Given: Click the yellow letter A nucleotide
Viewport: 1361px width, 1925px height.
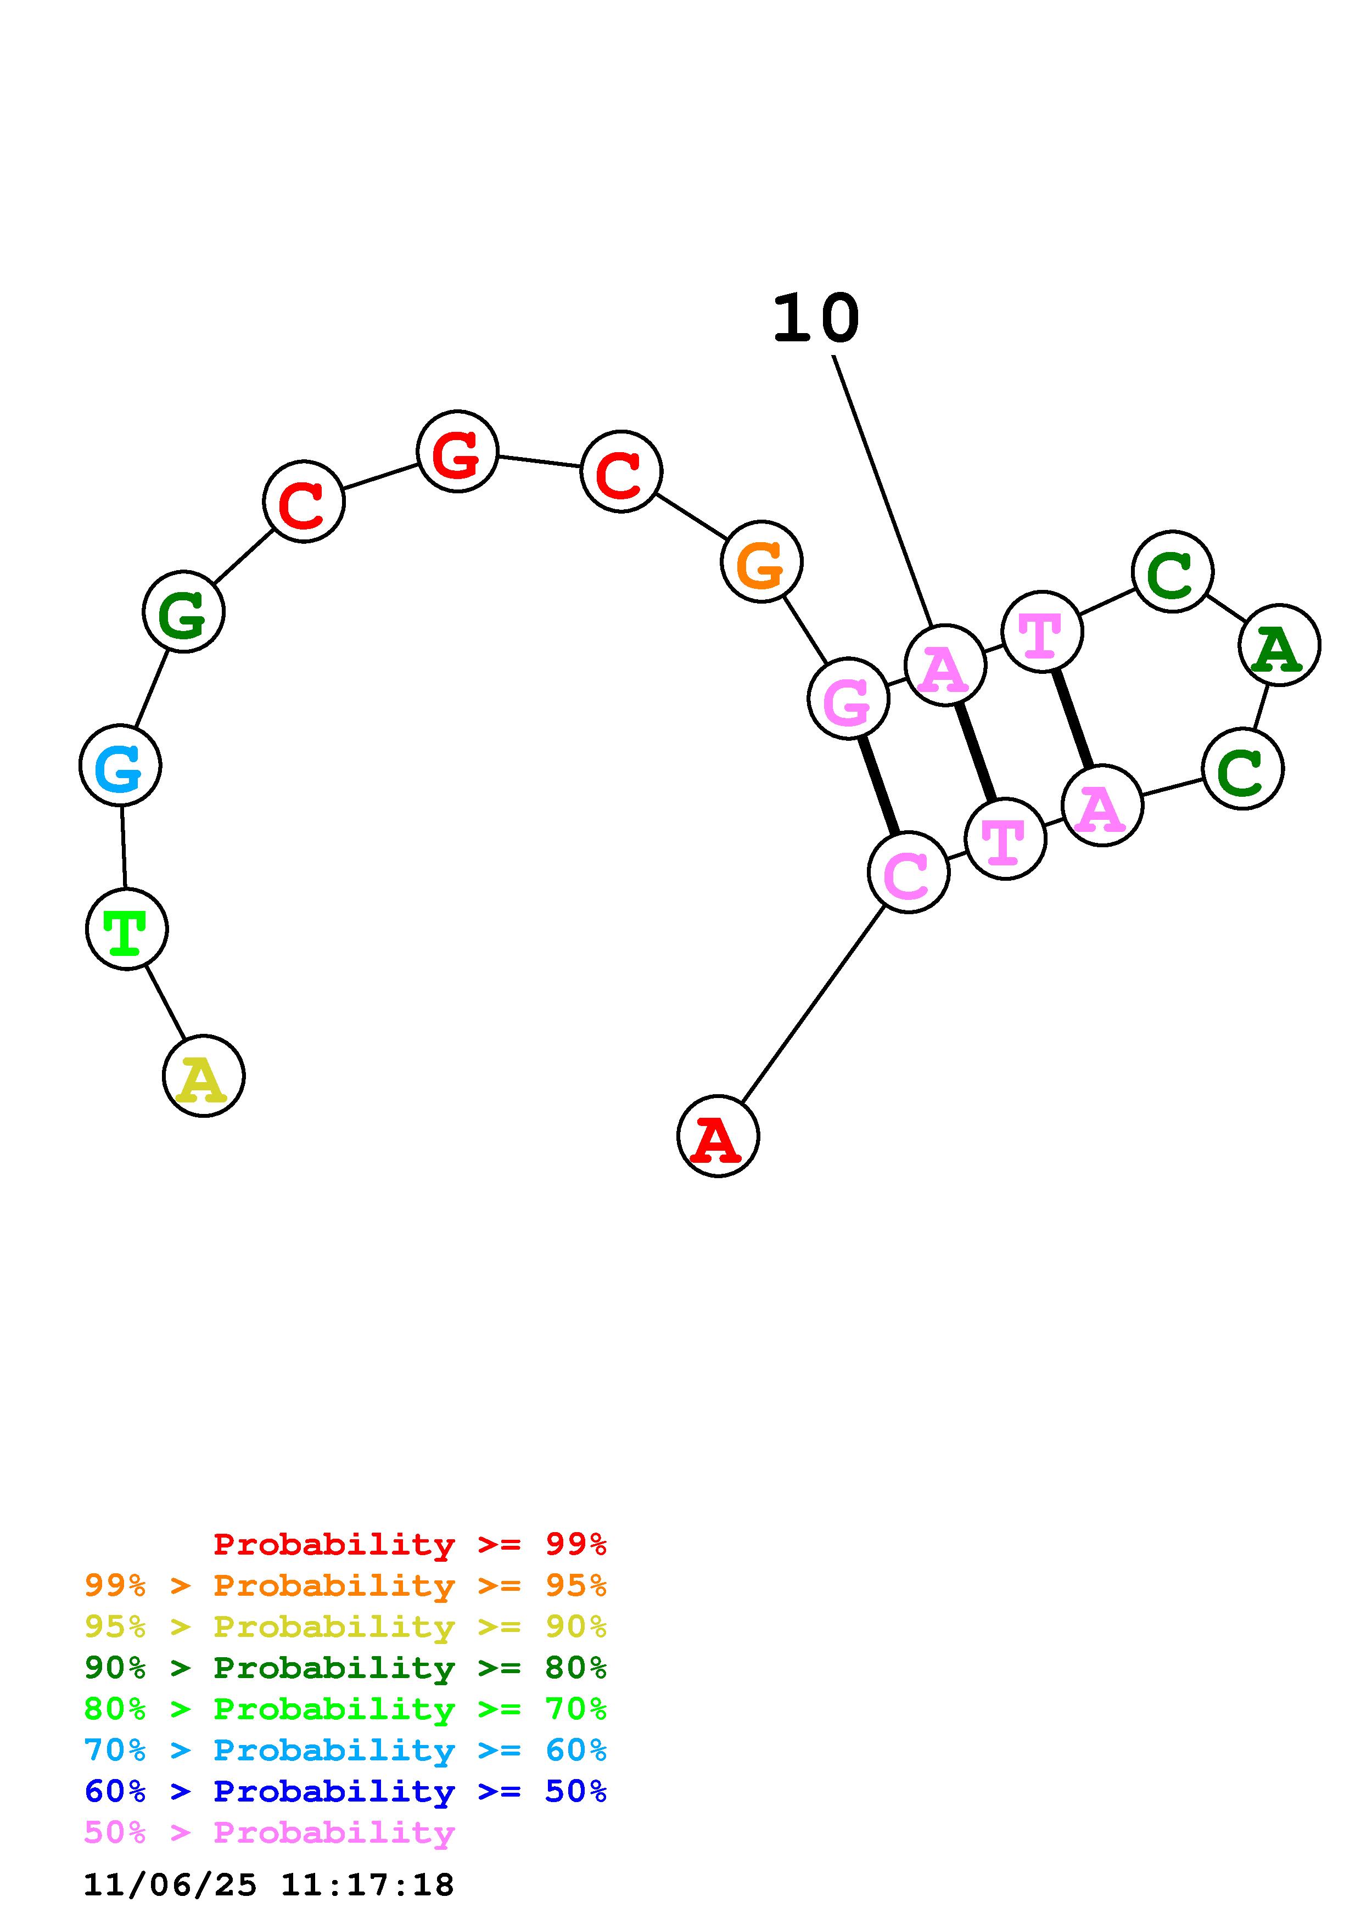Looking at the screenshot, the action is tap(203, 1076).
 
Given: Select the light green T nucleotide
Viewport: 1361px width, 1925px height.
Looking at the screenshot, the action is tap(127, 929).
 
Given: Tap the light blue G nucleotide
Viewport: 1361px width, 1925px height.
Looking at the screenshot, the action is tap(120, 766).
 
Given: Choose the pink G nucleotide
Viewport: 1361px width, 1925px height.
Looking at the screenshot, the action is tap(848, 699).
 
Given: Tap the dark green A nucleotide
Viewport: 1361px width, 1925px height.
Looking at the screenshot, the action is tap(1279, 645).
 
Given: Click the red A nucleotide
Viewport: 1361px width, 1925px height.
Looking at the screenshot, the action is tap(718, 1136).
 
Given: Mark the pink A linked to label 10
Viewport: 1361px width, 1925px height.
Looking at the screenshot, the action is tap(945, 665).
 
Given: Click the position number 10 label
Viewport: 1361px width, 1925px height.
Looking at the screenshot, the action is tap(815, 319).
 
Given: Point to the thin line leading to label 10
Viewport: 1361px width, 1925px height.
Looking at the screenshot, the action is tap(882, 491).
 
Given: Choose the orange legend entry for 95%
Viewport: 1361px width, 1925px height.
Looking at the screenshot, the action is tap(345, 1585).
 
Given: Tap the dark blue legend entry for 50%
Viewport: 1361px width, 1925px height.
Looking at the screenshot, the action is tap(345, 1791).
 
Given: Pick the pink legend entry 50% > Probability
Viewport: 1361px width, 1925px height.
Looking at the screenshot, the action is tap(269, 1832).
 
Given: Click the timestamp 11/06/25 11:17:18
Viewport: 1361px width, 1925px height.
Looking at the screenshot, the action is tap(268, 1885).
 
